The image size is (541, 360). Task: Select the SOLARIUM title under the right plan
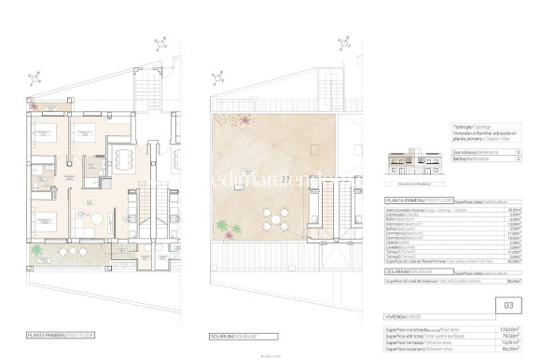(234, 334)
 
